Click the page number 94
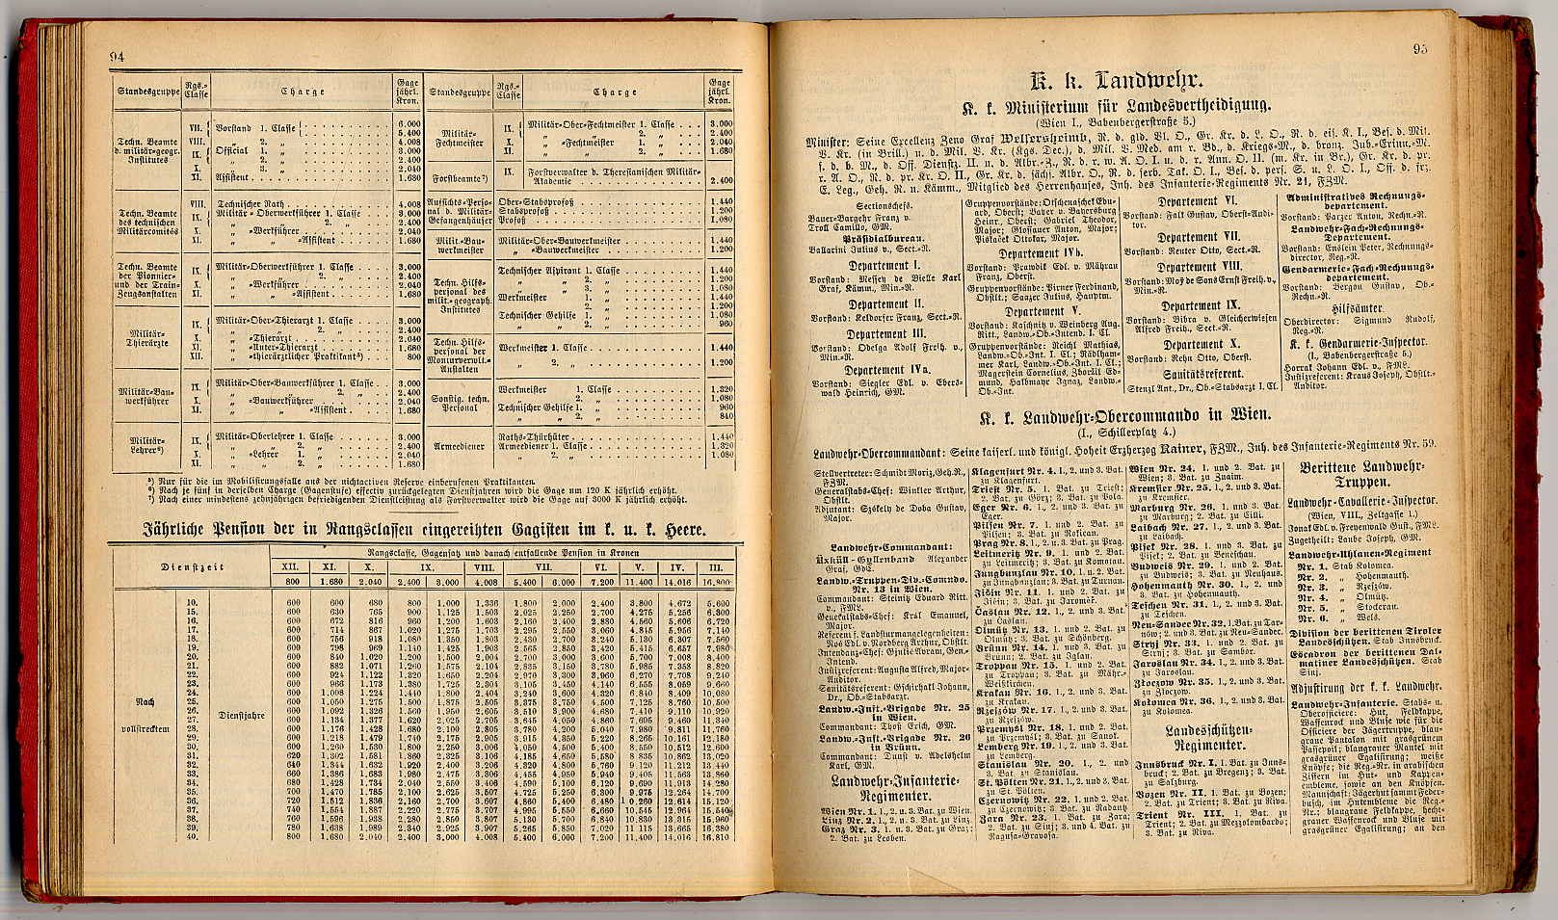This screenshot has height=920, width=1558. tap(118, 57)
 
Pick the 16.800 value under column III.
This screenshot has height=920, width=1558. tap(717, 583)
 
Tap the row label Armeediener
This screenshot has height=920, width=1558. tap(460, 446)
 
